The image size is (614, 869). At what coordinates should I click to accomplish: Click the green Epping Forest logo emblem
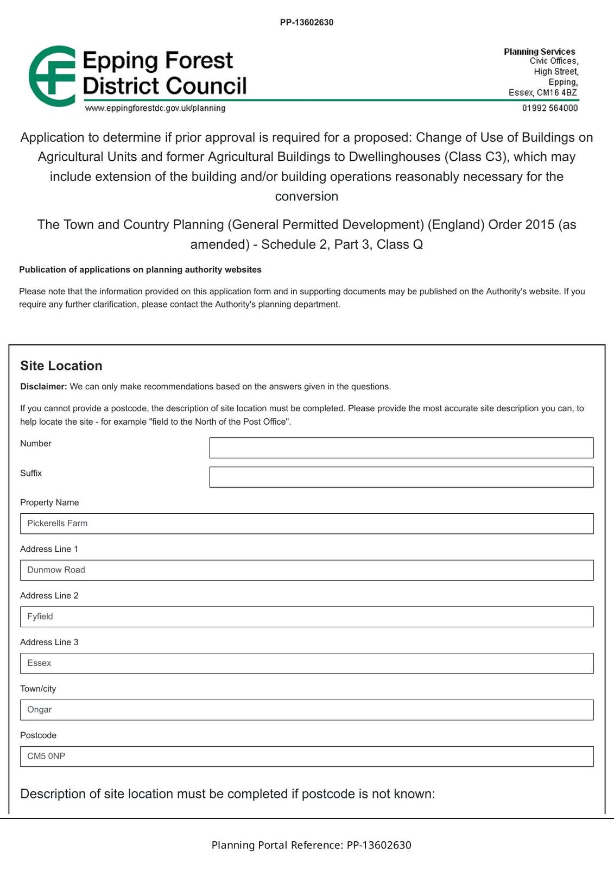tap(52, 76)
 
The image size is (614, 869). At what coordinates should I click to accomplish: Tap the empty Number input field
tap(401, 448)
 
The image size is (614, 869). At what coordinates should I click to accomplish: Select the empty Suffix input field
tap(401, 477)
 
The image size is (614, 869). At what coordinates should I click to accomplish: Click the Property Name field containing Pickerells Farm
tap(307, 524)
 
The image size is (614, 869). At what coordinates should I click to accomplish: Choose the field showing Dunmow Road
tap(307, 570)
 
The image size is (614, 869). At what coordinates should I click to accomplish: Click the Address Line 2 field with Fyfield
tap(307, 617)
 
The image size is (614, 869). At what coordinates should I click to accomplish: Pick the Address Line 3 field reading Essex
tap(307, 663)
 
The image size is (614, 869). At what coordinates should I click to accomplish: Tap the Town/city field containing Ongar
tap(307, 710)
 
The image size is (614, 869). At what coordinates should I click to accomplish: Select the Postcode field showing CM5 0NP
tap(307, 757)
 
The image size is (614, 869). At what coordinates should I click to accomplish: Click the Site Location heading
tap(61, 366)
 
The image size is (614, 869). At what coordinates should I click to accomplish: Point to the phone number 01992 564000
tap(549, 108)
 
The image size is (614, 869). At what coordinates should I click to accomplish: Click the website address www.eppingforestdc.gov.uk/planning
tap(155, 108)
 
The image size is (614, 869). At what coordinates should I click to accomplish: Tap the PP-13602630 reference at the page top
tap(307, 22)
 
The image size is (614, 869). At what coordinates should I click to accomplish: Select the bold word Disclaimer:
tap(43, 387)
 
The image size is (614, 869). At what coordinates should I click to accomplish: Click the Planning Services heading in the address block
tap(539, 52)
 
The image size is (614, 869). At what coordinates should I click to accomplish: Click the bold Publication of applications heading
tap(140, 269)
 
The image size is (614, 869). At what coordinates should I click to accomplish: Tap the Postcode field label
tap(38, 735)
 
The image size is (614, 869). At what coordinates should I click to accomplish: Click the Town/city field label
tap(38, 689)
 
